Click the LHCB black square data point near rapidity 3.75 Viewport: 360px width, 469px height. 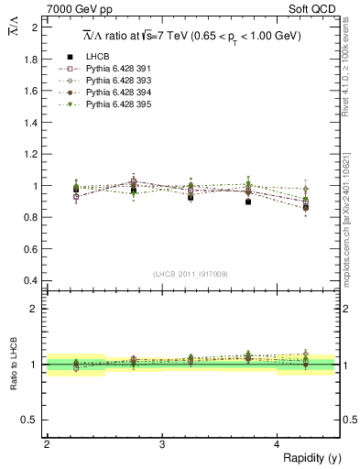(x=248, y=202)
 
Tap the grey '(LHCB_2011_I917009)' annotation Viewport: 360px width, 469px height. (x=190, y=274)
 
